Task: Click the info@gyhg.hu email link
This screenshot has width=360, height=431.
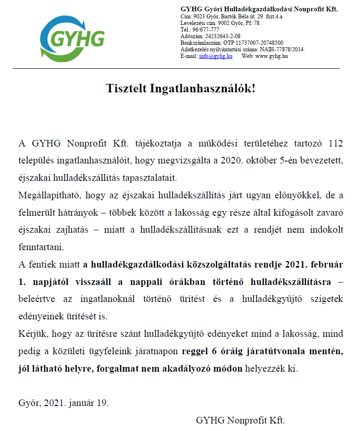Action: click(x=216, y=56)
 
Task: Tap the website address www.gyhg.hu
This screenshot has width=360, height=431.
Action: click(x=272, y=56)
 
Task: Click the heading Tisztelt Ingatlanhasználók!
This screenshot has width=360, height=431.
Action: click(x=180, y=88)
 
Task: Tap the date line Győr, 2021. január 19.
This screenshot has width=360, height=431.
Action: click(x=64, y=403)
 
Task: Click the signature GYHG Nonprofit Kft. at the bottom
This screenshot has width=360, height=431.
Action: click(x=240, y=420)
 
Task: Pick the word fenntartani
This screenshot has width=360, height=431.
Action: click(x=40, y=247)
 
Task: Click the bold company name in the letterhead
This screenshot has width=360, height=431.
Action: click(x=259, y=9)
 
